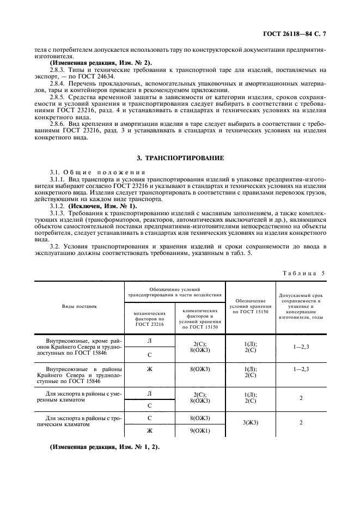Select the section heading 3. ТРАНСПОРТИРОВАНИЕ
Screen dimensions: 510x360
180,158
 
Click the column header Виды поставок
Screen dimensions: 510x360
80,307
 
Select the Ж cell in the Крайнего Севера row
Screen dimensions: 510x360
149,369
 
